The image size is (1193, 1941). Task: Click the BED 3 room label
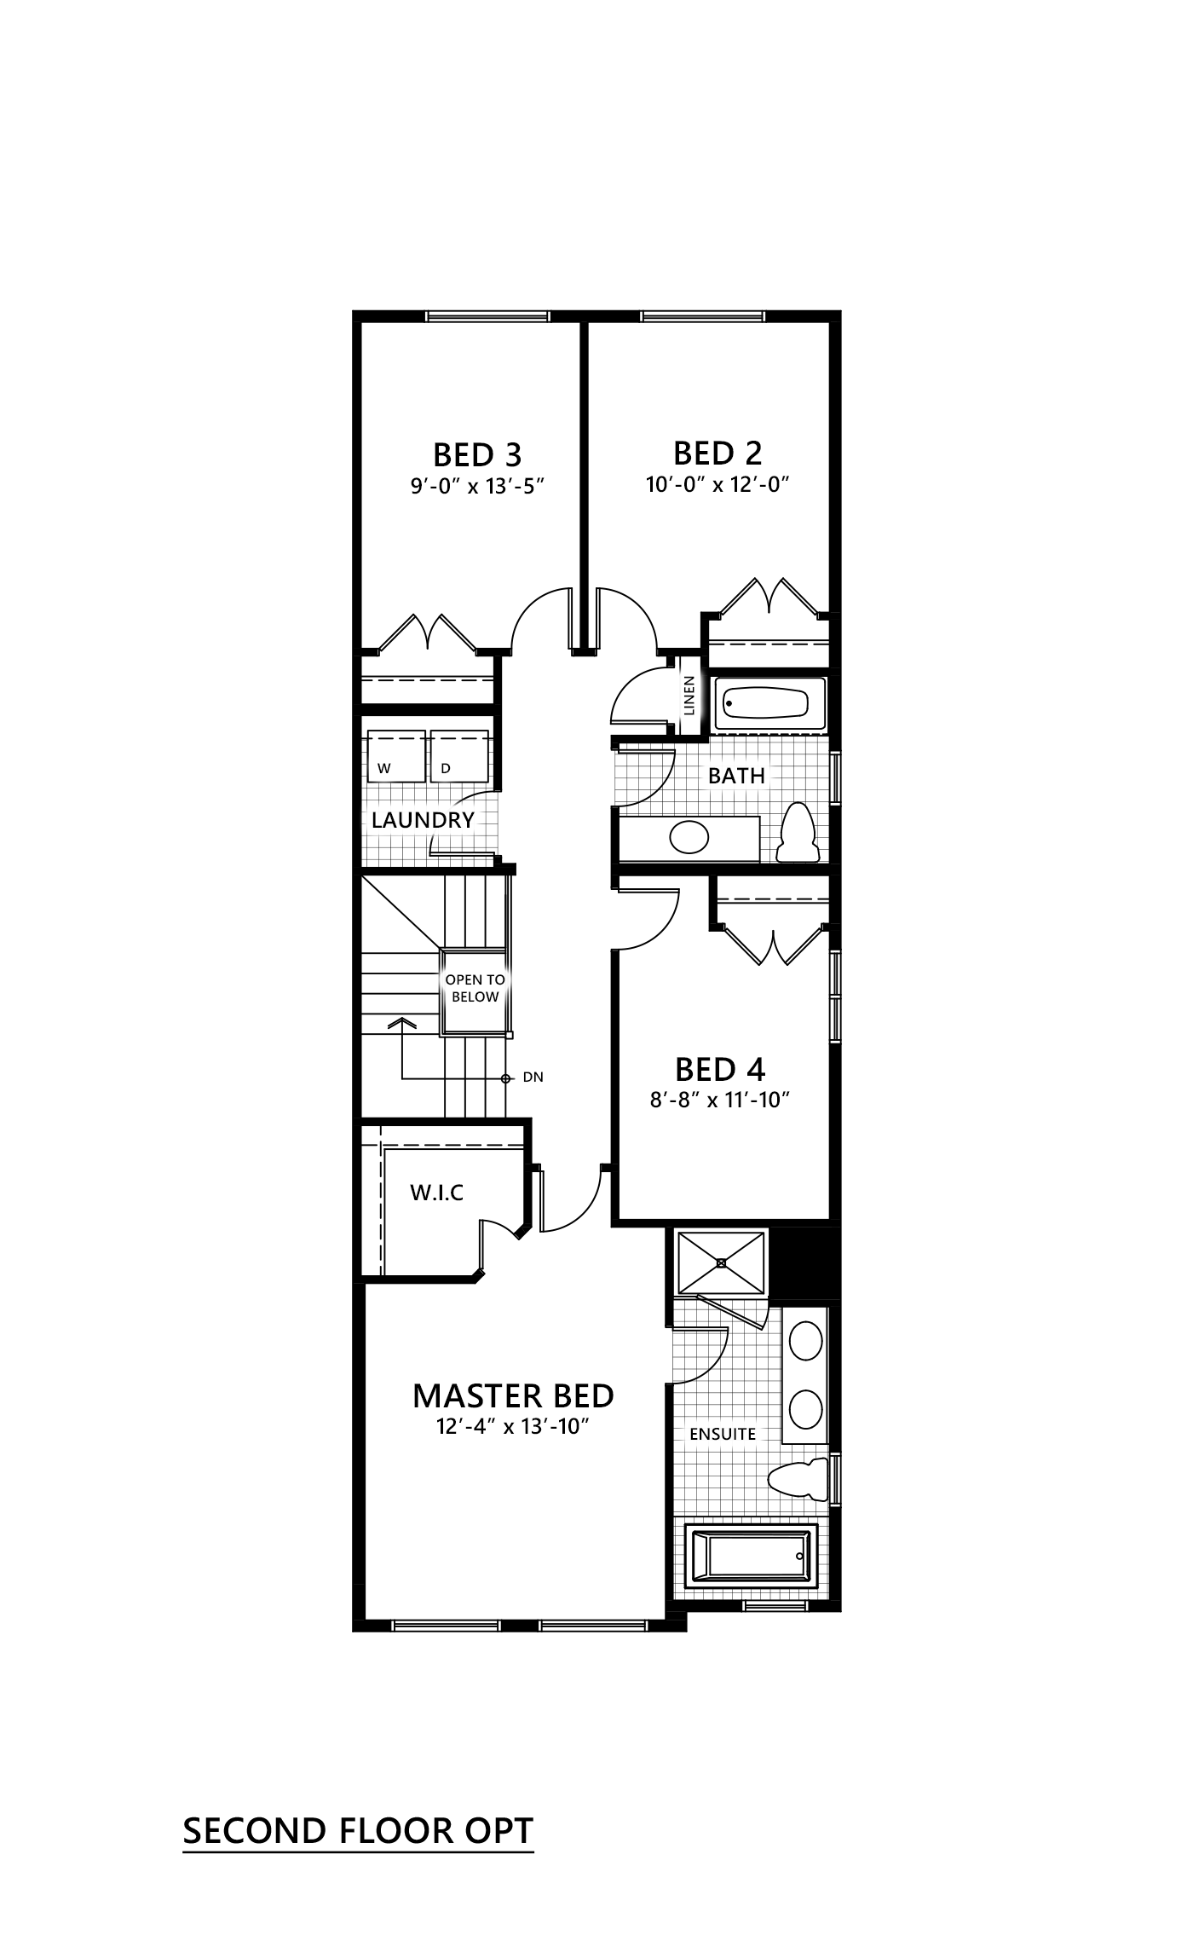point(477,454)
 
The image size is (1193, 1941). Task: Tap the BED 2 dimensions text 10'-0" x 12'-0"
point(718,485)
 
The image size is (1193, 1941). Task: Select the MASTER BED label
point(513,1395)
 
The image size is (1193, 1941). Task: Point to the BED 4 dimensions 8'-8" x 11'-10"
point(721,1100)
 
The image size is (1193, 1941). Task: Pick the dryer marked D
point(459,755)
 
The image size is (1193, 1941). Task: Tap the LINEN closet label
point(689,695)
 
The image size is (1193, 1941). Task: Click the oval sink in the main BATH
point(689,837)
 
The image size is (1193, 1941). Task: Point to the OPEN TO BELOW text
point(475,988)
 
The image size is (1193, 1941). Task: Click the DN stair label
point(533,1077)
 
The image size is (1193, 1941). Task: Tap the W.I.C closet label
point(437,1193)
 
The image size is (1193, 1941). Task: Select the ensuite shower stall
point(722,1262)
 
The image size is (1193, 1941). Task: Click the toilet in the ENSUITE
point(798,1479)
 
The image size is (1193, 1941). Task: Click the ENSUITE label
point(723,1434)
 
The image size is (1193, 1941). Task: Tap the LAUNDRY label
point(423,820)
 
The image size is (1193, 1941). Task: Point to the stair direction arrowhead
point(402,1022)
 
